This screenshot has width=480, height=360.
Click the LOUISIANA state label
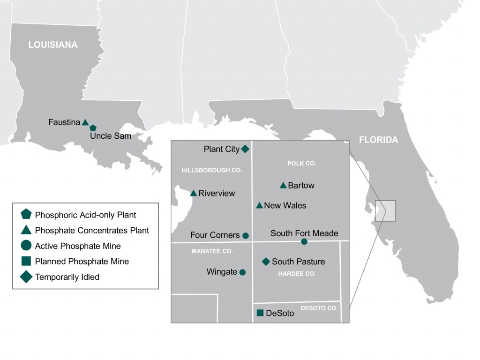pyautogui.click(x=53, y=45)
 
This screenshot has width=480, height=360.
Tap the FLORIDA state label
pyautogui.click(x=378, y=140)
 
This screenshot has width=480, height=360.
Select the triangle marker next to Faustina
pyautogui.click(x=85, y=122)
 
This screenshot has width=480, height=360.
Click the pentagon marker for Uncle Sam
pyautogui.click(x=93, y=127)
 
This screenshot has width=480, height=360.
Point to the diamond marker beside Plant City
pyautogui.click(x=245, y=149)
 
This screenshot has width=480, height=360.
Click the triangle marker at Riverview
pyautogui.click(x=194, y=193)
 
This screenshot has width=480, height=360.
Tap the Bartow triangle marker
pyautogui.click(x=283, y=186)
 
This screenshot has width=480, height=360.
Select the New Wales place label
pyautogui.click(x=285, y=205)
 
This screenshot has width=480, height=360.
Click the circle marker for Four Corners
pyautogui.click(x=246, y=235)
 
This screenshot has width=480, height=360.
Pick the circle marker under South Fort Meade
pyautogui.click(x=304, y=241)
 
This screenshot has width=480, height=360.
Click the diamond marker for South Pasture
pyautogui.click(x=266, y=262)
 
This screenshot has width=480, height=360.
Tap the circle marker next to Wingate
pyautogui.click(x=242, y=272)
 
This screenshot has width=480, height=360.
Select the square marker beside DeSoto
pyautogui.click(x=260, y=313)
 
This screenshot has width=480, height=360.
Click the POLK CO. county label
pyautogui.click(x=301, y=164)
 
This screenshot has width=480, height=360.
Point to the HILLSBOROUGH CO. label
pyautogui.click(x=211, y=170)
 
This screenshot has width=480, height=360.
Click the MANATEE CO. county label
pyautogui.click(x=212, y=251)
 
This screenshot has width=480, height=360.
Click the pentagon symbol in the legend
pyautogui.click(x=26, y=215)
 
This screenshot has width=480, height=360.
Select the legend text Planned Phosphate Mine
pyautogui.click(x=82, y=261)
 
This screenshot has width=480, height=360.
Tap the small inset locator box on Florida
pyautogui.click(x=385, y=211)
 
